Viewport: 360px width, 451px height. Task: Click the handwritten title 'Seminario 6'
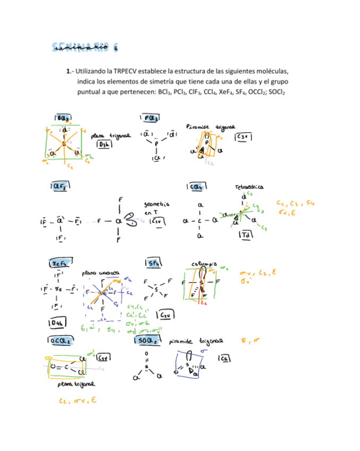86,47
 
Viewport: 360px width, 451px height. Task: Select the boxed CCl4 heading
197,187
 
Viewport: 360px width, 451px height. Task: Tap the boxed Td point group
246,234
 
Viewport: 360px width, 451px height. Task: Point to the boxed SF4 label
153,263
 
